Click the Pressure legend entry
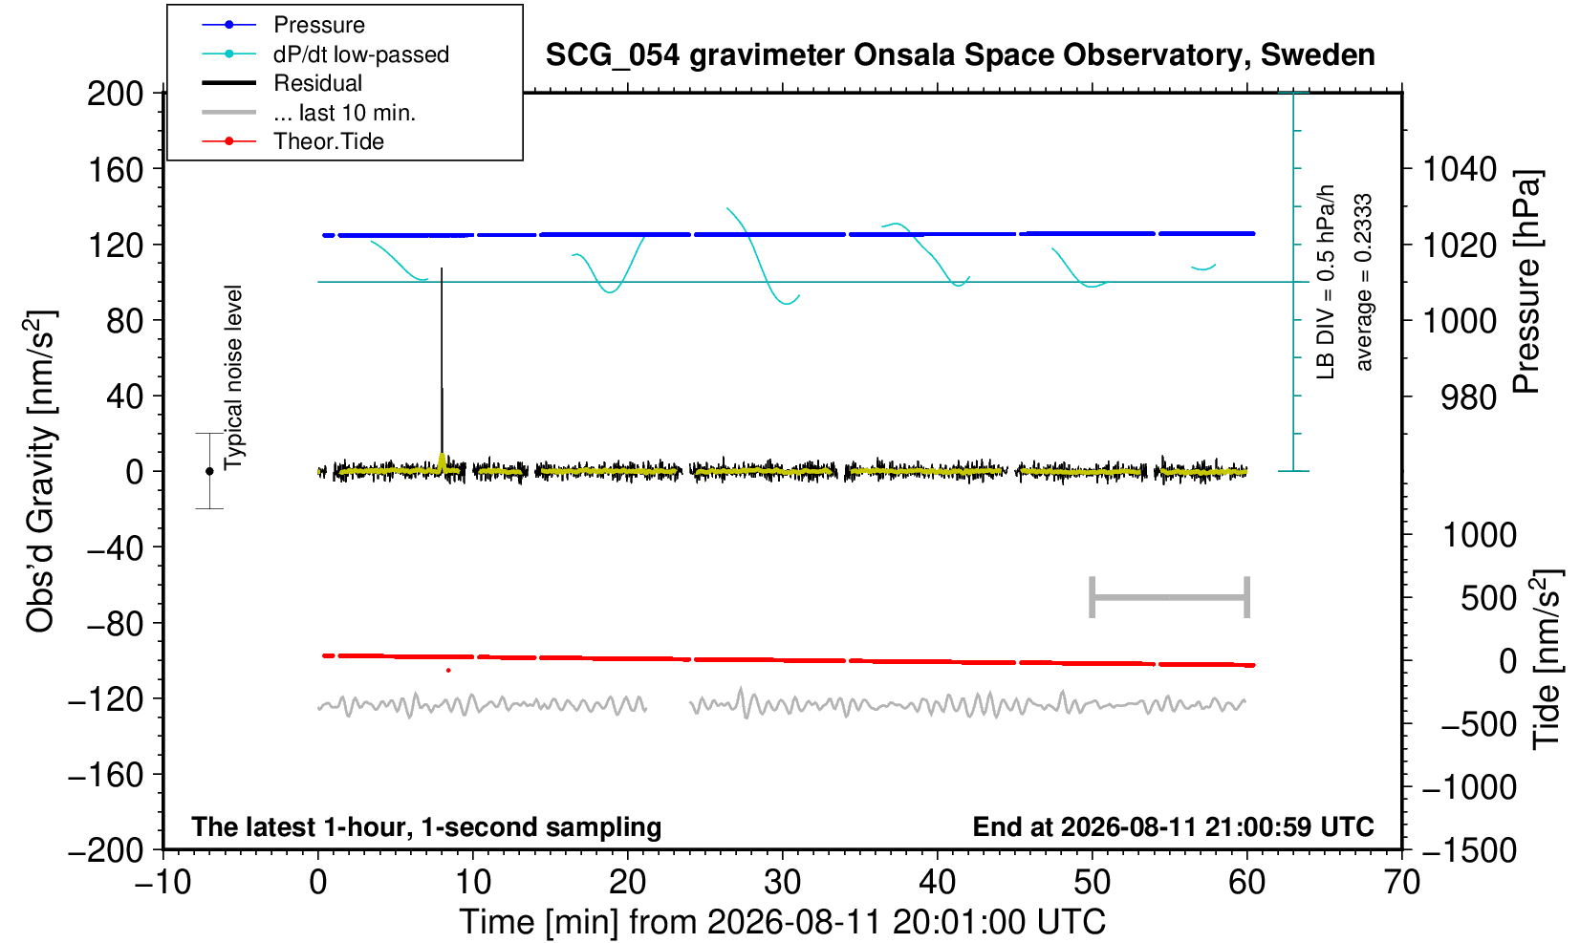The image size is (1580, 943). click(x=284, y=25)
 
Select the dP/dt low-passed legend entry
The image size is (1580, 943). click(x=325, y=54)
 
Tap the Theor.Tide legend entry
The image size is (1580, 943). click(x=292, y=141)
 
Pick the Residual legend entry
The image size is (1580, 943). click(x=282, y=83)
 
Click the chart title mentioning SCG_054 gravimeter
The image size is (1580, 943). click(x=960, y=55)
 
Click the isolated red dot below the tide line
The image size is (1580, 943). click(x=448, y=670)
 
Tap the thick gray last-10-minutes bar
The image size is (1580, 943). click(x=1170, y=597)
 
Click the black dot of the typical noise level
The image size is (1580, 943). click(x=209, y=471)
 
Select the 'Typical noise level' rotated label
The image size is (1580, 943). click(x=233, y=378)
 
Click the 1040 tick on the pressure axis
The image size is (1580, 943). click(x=1460, y=169)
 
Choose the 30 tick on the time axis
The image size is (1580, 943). click(x=782, y=883)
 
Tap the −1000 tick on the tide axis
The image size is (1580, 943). click(x=1469, y=787)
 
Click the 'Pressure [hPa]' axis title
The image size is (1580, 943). click(x=1527, y=282)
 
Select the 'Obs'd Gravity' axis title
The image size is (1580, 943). click(x=41, y=471)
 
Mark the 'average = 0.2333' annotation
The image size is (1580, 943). click(x=1364, y=282)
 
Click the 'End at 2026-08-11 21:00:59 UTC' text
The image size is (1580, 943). click(x=1173, y=826)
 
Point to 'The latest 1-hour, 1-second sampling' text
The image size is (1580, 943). click(x=426, y=827)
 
